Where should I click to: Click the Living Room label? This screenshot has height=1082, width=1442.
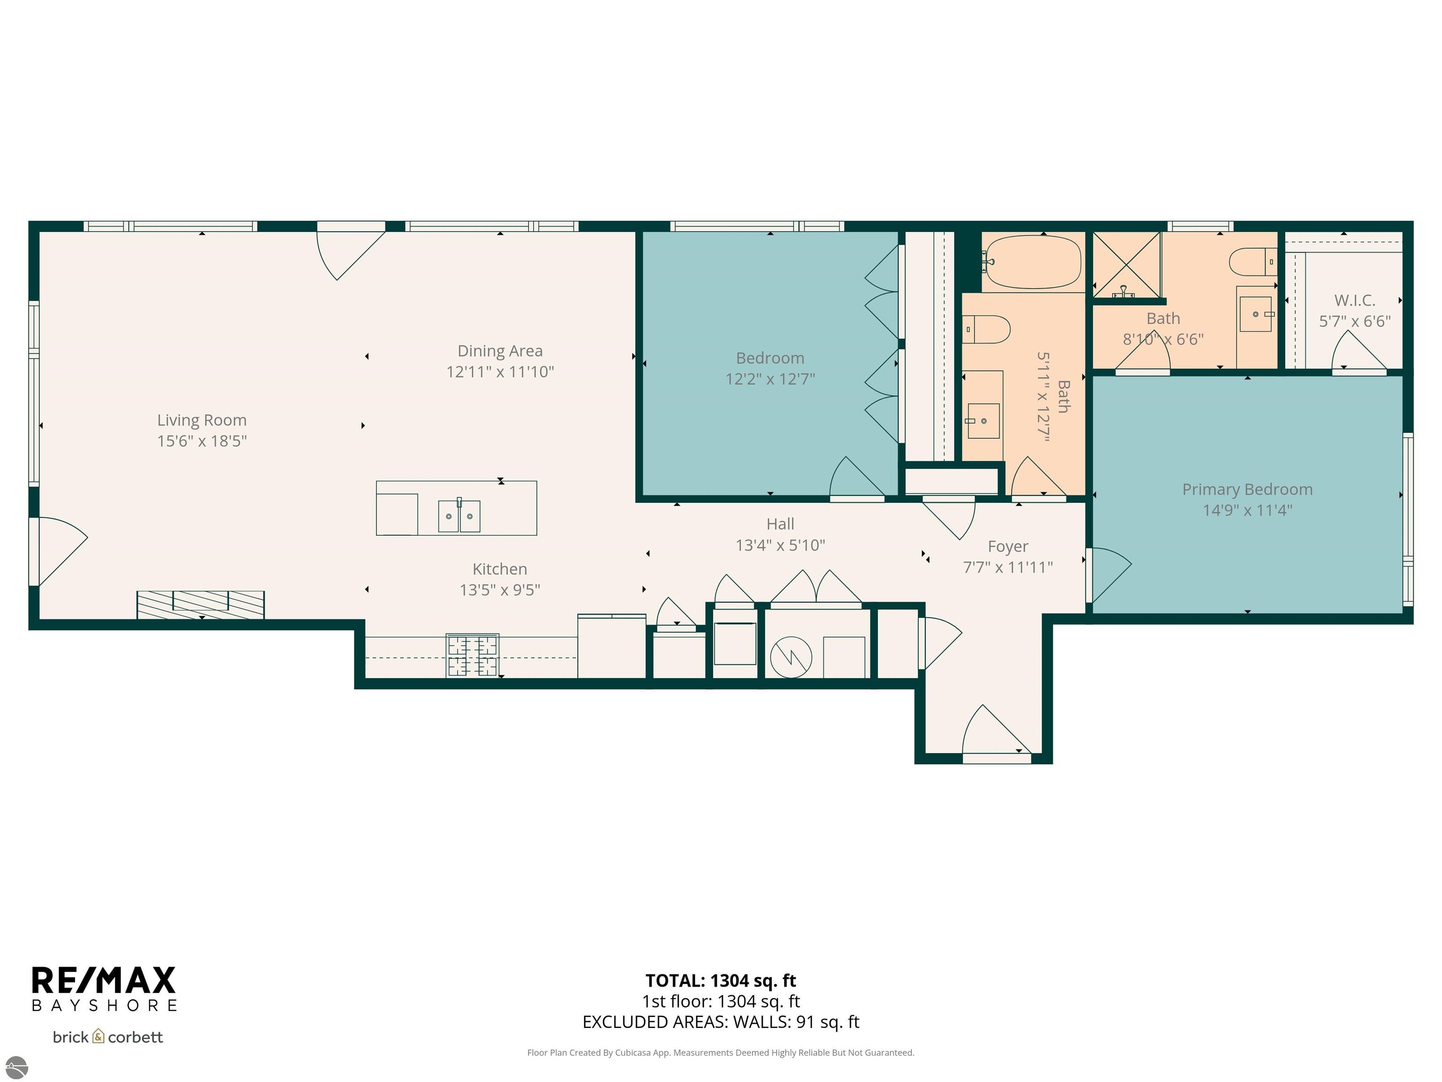tap(201, 420)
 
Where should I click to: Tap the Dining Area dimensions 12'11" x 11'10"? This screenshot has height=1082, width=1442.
tap(499, 372)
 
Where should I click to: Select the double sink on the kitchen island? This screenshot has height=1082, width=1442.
tap(459, 516)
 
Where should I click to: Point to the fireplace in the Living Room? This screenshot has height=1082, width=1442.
tap(200, 604)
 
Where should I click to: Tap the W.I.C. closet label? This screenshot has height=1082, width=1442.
tap(1354, 301)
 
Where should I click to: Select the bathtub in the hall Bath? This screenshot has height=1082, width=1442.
tap(1033, 262)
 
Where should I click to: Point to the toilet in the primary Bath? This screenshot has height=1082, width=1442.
tap(1250, 262)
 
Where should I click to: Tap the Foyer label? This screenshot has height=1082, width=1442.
tap(1007, 547)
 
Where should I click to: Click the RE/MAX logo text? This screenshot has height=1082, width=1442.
tap(104, 980)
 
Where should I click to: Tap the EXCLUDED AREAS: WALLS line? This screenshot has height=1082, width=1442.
tap(721, 1021)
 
